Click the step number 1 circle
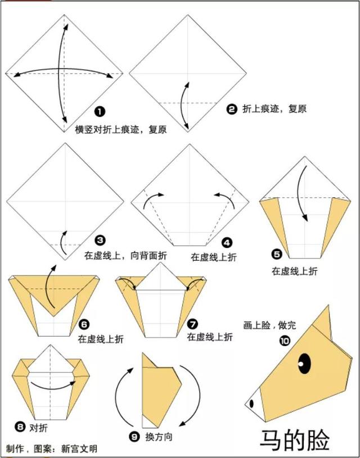(100, 112)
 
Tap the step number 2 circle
(231, 110)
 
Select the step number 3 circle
(100, 241)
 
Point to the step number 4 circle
(227, 242)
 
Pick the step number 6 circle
(84, 325)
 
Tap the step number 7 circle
(193, 324)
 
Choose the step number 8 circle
(20, 428)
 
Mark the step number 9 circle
(134, 437)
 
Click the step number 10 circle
(285, 341)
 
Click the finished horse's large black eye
(305, 364)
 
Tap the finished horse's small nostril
(251, 403)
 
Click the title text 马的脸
(295, 439)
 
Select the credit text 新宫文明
(79, 448)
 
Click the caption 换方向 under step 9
(159, 437)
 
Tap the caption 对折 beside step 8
(38, 429)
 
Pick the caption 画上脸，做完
(269, 325)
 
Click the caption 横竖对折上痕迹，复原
(121, 129)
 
